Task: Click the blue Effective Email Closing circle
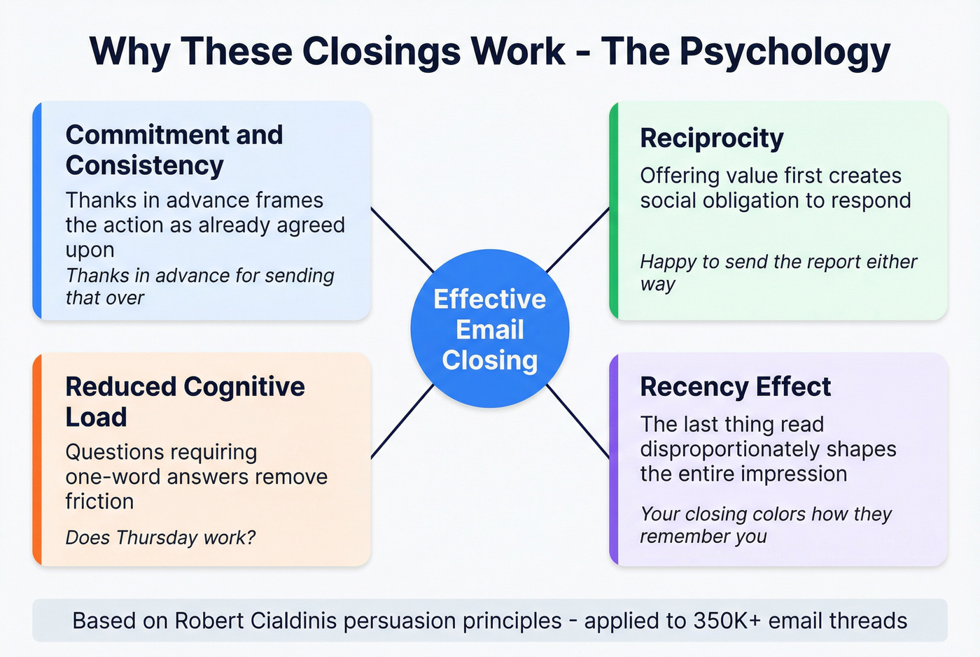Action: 489,329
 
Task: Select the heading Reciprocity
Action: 711,139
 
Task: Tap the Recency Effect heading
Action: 735,387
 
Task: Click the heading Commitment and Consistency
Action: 174,150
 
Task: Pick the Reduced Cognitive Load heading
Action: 185,402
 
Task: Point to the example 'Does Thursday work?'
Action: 160,537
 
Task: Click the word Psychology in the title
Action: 780,52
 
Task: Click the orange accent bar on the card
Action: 37,459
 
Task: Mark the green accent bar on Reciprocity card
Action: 614,211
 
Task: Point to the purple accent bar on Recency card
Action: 614,459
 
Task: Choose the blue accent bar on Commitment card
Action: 37,211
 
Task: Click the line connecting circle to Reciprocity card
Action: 577,240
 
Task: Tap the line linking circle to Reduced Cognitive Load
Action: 402,421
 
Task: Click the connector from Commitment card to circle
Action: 402,240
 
